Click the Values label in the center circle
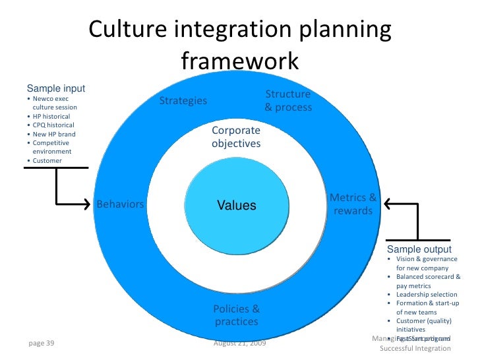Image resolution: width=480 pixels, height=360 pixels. [237, 206]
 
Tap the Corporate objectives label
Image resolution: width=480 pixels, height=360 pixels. [236, 137]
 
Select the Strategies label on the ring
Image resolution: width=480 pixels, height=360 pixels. [183, 101]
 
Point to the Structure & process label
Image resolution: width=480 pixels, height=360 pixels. [288, 101]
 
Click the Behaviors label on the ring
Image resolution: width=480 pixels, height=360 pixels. [121, 204]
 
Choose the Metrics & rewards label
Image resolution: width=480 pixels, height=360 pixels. [353, 204]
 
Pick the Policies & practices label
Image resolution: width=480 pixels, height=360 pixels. [236, 315]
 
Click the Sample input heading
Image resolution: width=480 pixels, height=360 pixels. [55, 88]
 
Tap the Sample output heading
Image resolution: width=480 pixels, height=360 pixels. [419, 249]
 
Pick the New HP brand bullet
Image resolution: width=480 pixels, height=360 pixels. [51, 134]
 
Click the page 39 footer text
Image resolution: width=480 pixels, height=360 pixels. [41, 343]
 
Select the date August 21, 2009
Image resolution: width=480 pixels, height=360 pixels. [240, 344]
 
